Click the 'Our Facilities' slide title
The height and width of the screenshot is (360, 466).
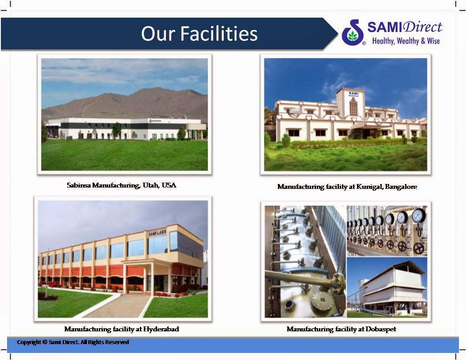[x=199, y=34]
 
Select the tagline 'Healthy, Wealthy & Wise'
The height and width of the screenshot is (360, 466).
[x=406, y=41]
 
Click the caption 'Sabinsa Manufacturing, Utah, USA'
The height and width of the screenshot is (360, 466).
[x=121, y=185]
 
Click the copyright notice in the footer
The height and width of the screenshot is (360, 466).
[x=73, y=342]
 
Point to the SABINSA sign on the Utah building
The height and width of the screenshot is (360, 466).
[x=155, y=120]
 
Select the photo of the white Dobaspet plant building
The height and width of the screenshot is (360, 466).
[x=387, y=287]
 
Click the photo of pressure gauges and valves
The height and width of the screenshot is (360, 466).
[x=387, y=230]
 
